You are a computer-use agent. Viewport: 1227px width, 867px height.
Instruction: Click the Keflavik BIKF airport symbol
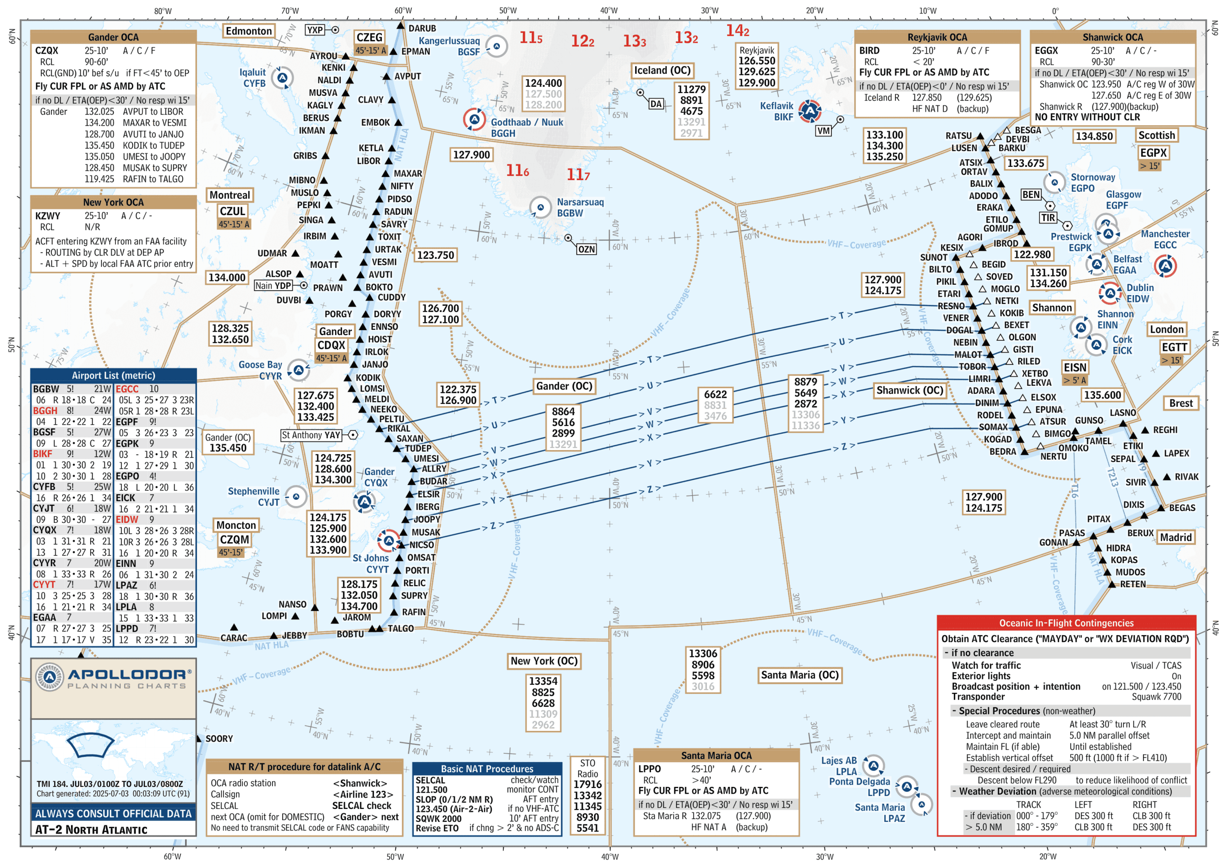coord(810,111)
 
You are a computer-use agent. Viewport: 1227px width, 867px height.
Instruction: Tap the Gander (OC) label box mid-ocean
coord(564,386)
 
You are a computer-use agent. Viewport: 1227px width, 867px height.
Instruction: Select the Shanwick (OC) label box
coord(910,391)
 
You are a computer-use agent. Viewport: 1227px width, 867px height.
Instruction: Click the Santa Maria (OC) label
coord(799,675)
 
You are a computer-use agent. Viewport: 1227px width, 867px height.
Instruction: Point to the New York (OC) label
coord(544,661)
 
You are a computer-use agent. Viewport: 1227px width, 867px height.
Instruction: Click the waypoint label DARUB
coord(422,28)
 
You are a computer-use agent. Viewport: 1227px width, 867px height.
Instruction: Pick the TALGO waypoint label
coord(400,629)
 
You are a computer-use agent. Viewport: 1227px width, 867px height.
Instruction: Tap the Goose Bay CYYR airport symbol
coord(298,370)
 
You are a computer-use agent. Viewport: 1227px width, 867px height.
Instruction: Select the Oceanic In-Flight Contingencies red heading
coord(1065,623)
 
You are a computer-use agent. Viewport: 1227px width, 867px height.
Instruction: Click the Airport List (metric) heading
coord(113,376)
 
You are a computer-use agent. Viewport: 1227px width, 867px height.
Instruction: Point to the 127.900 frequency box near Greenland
coord(471,155)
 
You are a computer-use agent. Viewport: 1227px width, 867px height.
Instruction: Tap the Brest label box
coord(1181,403)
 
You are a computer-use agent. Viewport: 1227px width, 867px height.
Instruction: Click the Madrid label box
coord(1176,537)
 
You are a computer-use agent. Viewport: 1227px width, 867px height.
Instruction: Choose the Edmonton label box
coord(248,31)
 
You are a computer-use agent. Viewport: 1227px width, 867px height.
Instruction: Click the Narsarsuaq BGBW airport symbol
coord(540,208)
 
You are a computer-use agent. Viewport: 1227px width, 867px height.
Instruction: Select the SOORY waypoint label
coord(219,739)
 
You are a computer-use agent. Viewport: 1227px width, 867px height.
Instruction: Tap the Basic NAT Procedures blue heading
coord(487,769)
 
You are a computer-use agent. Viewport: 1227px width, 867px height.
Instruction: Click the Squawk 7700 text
coord(1156,697)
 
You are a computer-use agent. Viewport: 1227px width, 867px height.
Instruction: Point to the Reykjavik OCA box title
coord(937,37)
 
